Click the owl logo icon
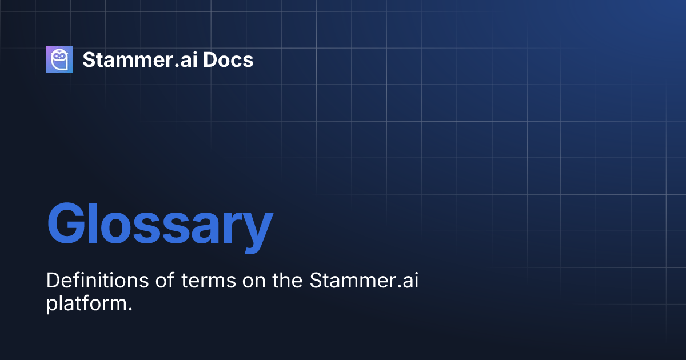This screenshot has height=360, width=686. pyautogui.click(x=59, y=59)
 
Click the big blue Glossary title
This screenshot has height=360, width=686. pyautogui.click(x=159, y=225)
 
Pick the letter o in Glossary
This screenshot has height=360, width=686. pyautogui.click(x=115, y=229)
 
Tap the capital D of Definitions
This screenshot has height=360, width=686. pyautogui.click(x=52, y=281)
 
